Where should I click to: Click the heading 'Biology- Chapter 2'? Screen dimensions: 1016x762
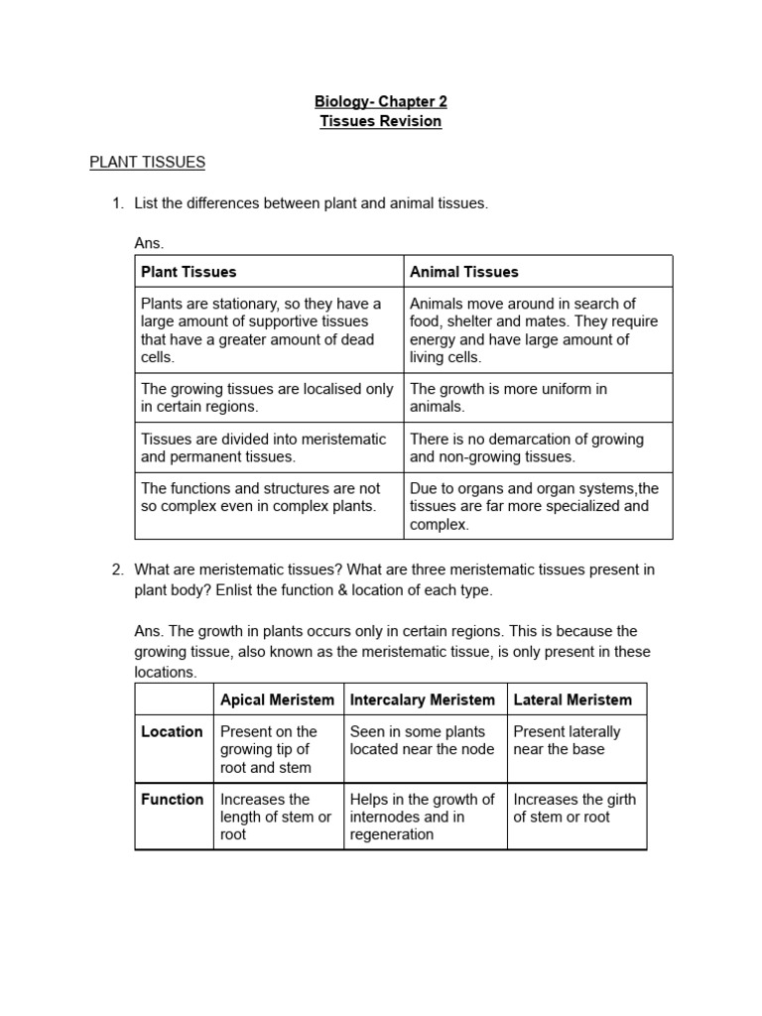[380, 101]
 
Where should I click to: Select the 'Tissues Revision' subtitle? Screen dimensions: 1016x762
[380, 121]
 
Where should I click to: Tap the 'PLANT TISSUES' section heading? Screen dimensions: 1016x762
[147, 162]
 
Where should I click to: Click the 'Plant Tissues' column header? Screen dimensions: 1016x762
[189, 271]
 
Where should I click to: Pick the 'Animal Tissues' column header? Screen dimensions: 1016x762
[463, 271]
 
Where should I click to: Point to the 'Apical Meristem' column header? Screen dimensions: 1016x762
[277, 699]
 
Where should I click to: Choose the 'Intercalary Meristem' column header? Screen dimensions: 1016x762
[422, 699]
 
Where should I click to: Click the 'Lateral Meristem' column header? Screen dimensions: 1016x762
[571, 699]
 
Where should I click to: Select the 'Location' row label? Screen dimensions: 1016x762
[172, 731]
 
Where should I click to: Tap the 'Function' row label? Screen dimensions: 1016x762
[172, 799]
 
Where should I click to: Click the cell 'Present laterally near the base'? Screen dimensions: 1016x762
[567, 740]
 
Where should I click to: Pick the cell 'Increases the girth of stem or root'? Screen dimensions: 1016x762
[574, 808]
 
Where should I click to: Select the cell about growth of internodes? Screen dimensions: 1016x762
[422, 817]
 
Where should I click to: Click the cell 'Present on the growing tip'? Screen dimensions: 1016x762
[269, 749]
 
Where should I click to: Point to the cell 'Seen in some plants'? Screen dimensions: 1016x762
[422, 740]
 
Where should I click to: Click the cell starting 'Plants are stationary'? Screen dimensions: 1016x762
[261, 330]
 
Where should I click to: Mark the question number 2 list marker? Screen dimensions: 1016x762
[117, 570]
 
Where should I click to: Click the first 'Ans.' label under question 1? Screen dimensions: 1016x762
[148, 243]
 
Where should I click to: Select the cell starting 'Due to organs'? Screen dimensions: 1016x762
[534, 506]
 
